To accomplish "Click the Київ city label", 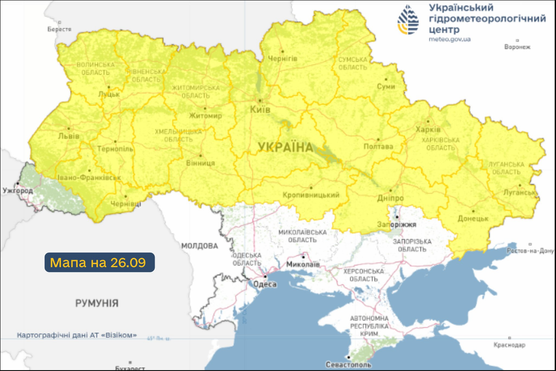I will point(260,110).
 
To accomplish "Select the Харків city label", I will point(428,129).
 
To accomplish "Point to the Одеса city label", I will point(265,284).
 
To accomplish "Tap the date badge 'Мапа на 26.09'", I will point(99,262).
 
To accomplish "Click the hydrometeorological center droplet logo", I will point(408,20).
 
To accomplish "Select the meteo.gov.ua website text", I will point(449,39).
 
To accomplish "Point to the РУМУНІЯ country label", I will point(97,303).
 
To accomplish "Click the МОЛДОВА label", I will point(199,246).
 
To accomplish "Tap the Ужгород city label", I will point(17,191).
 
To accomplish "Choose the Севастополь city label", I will point(348,365).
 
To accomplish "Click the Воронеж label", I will point(517,47).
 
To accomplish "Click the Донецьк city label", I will point(472,219).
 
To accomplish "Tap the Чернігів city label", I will point(283,58).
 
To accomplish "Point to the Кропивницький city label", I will point(311,195).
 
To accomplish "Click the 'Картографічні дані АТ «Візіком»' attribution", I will point(77,335).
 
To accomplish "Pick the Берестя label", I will point(59,29).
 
